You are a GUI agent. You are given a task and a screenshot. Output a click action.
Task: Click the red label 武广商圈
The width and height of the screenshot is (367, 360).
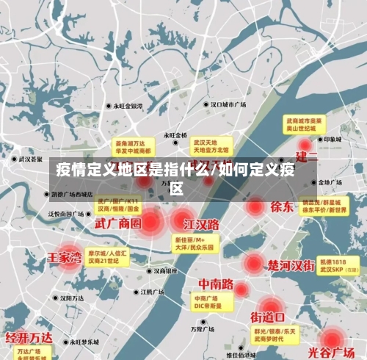117,222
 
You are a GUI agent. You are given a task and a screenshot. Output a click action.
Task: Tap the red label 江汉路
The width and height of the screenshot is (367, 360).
202,223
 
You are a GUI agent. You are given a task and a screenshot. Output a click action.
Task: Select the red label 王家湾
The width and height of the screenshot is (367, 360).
65,258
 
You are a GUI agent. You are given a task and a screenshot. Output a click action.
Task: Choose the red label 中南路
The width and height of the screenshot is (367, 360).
216,284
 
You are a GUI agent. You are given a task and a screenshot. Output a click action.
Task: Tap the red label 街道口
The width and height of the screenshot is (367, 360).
269,317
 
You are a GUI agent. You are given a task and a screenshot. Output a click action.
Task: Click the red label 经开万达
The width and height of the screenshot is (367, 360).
29,338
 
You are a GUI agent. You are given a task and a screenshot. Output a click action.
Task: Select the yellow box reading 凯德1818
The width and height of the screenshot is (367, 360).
338,266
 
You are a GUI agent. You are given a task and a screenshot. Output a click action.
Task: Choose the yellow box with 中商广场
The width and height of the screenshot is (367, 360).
208,302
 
